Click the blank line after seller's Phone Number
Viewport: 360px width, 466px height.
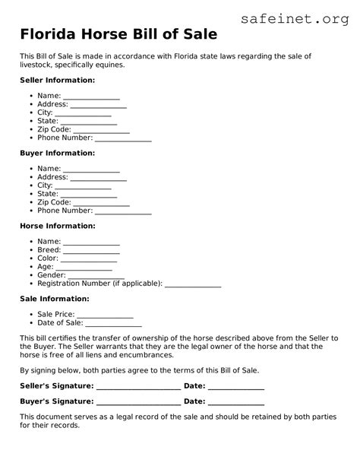tap(123, 139)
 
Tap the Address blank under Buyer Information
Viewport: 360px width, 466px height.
tap(99, 179)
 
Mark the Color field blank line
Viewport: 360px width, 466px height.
tap(90, 260)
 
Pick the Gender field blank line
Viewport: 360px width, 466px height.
tap(96, 277)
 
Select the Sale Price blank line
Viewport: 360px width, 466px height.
tap(105, 315)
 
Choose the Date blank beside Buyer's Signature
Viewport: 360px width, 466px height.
tap(236, 403)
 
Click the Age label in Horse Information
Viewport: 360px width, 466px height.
tap(45, 268)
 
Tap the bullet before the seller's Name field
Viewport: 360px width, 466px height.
tap(30, 97)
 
